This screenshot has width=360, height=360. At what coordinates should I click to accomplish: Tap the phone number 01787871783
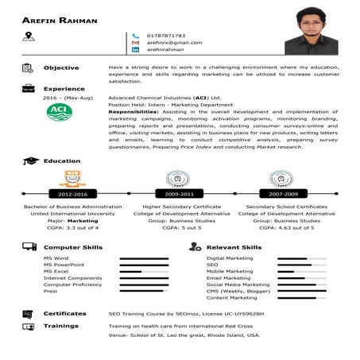pos(166,35)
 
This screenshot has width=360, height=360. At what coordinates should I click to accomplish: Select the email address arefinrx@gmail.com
pos(174,42)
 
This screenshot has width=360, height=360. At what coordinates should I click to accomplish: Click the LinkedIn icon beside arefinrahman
pos(135,50)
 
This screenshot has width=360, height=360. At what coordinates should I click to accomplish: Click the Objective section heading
pos(61,68)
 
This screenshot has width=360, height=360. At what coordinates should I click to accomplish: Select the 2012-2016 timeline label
pos(73,193)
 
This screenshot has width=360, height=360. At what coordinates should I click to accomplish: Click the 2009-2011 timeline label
pos(179,193)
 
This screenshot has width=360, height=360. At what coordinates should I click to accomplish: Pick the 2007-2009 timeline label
pos(283,193)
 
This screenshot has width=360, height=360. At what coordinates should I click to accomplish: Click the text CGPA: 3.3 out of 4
pos(73,227)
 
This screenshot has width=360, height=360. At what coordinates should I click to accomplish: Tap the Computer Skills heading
pos(73,247)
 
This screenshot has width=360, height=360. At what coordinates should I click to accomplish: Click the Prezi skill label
pos(50,291)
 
